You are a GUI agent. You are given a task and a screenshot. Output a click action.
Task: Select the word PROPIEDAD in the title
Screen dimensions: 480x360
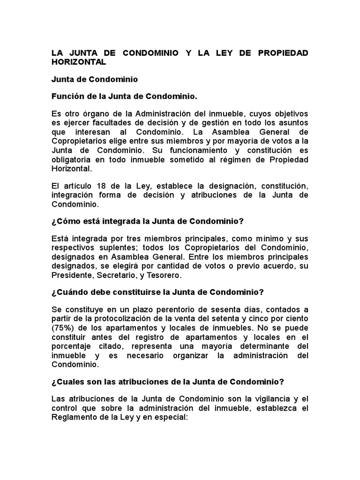coord(283,52)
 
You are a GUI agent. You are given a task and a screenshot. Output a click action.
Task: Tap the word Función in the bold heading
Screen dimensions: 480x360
coord(67,97)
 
